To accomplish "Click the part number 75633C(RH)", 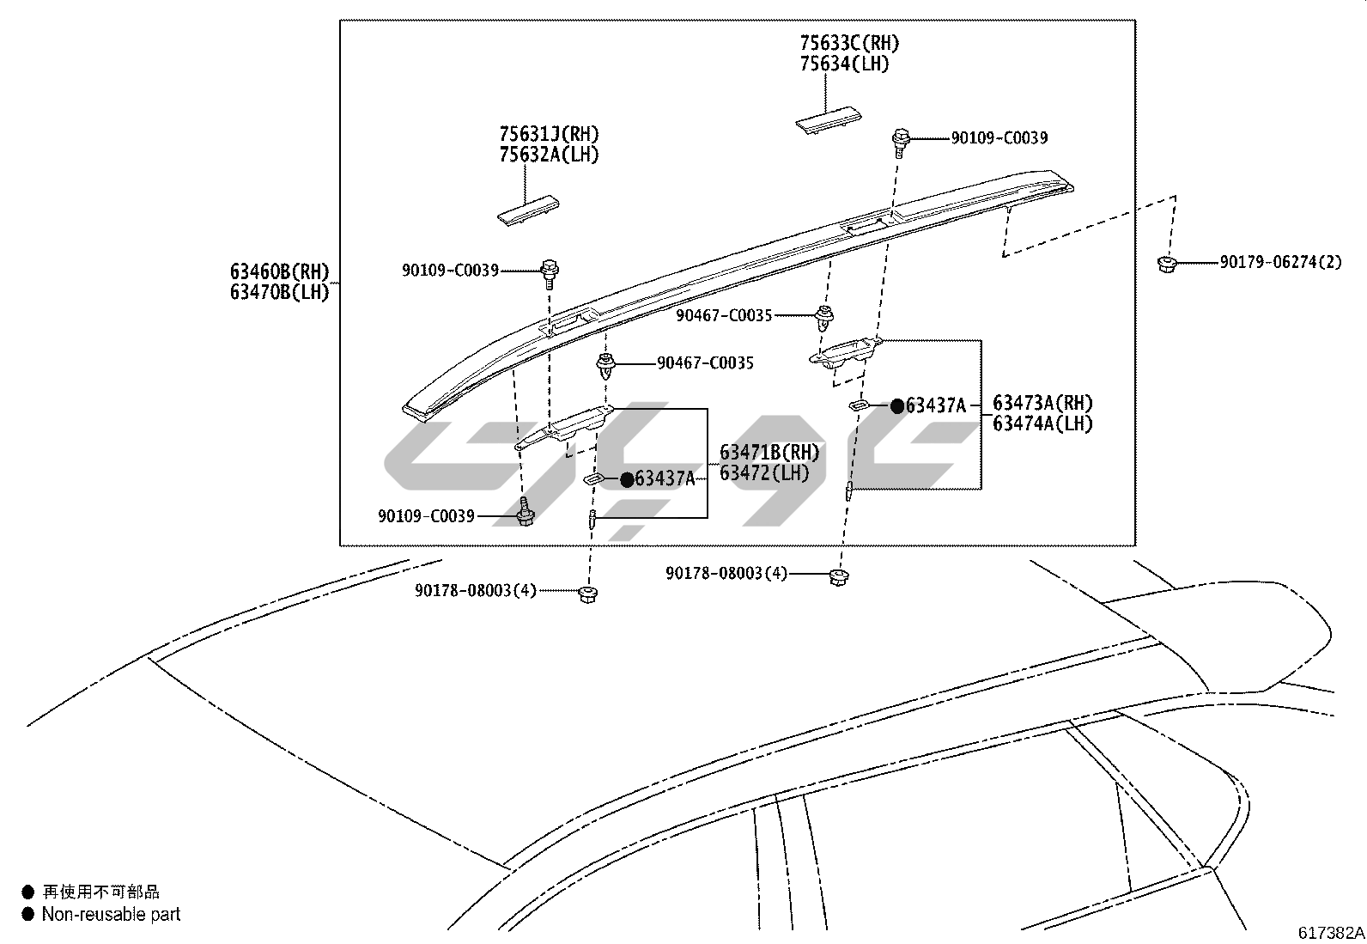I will click(849, 42).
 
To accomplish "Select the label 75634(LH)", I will click(844, 64).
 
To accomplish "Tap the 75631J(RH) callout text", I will click(549, 134).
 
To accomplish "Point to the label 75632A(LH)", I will click(549, 155).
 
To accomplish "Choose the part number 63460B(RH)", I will click(279, 271).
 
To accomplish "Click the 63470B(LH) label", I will click(279, 292).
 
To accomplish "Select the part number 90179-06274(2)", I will click(1280, 262).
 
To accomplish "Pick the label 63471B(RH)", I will click(769, 452).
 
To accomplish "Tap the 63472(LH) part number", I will click(764, 472).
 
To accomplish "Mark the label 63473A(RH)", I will click(1043, 403).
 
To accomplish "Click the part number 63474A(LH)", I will click(1043, 423).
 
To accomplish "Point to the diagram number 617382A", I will click(1331, 932).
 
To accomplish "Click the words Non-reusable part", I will click(111, 915).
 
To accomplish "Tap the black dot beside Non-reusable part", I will click(28, 915).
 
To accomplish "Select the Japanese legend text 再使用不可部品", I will click(100, 892).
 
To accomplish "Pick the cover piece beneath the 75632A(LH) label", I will click(528, 210).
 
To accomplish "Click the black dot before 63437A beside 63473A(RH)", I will click(897, 406).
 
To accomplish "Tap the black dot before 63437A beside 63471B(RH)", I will click(627, 479).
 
